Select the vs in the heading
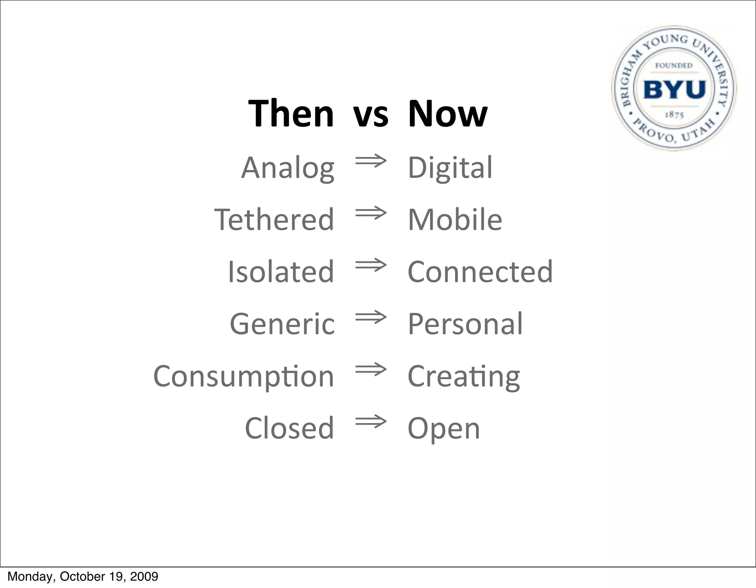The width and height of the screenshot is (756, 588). coord(371,115)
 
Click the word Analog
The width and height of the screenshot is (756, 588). coord(288,168)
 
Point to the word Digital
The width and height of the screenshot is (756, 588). coord(450,168)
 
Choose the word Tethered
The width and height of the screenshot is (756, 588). coord(274,220)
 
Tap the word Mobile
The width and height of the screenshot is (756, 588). coord(455,220)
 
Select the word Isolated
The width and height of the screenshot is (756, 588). coord(281,272)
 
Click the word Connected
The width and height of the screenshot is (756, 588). coord(480,272)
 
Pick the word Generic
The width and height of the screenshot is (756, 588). coord(282,324)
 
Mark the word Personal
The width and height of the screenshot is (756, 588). coord(465,324)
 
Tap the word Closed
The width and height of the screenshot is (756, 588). coord(289,428)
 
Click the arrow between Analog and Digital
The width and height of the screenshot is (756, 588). coord(371,161)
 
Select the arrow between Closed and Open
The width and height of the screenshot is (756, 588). coord(371,422)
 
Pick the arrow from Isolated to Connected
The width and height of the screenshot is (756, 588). coord(371,265)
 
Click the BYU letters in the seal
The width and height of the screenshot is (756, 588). coord(674,90)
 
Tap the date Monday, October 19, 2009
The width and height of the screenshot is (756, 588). coord(83,577)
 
